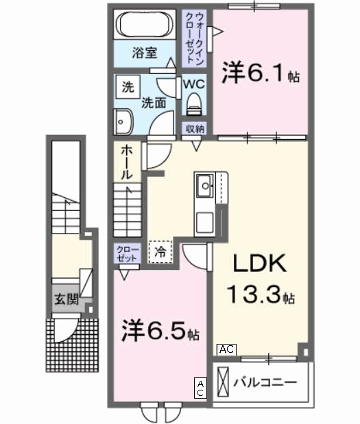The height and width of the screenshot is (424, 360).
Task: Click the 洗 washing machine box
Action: pyautogui.click(x=128, y=88)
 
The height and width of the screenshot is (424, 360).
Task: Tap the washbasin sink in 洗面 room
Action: pyautogui.click(x=123, y=121)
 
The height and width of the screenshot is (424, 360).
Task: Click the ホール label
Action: pyautogui.click(x=128, y=163)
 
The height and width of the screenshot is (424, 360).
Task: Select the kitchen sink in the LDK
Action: pyautogui.click(x=204, y=185)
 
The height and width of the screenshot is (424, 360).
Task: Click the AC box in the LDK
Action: pyautogui.click(x=226, y=349)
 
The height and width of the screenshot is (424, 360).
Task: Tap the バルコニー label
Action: pyautogui.click(x=265, y=381)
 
